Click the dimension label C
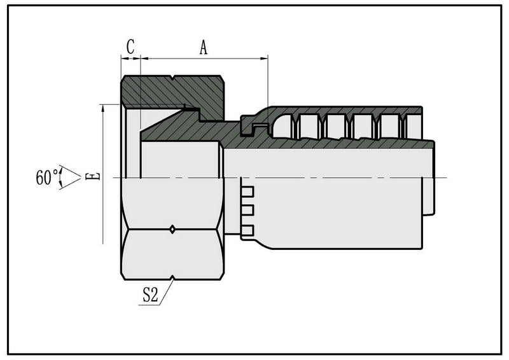[130, 46]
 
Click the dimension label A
[203, 48]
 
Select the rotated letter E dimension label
[92, 177]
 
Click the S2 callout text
[151, 294]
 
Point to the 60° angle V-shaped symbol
[70, 177]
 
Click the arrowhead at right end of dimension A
[264, 59]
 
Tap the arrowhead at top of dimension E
[103, 108]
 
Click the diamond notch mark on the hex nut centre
[172, 229]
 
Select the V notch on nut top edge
[172, 78]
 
